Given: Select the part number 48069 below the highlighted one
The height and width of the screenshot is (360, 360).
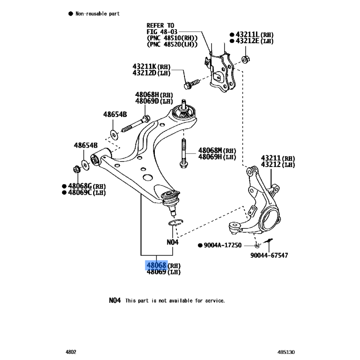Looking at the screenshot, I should coord(156,272).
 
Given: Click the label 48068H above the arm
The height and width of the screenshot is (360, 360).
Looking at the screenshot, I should coord(148,94).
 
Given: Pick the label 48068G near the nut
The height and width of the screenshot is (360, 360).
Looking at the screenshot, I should coord(80,186).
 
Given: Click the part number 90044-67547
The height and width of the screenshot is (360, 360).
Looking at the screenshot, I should coord(270,255).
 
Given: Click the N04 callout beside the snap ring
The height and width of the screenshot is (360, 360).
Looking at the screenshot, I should coord(173,242).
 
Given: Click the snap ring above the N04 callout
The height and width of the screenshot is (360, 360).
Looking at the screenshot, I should coord(175,223).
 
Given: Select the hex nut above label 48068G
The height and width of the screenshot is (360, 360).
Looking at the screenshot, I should coord(76,170).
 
